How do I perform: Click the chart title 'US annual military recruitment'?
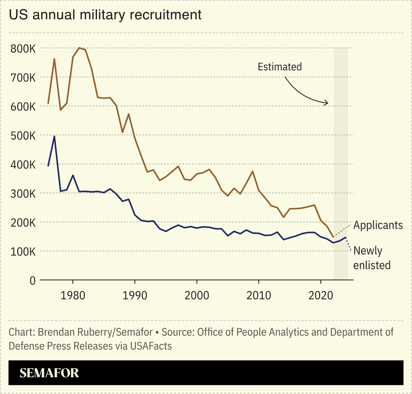pyautogui.click(x=105, y=15)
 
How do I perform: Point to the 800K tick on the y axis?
pyautogui.click(x=23, y=48)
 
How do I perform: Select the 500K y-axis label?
pyautogui.click(x=23, y=136)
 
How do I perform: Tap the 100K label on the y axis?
pyautogui.click(x=23, y=252)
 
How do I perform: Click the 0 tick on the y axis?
pyautogui.click(x=33, y=281)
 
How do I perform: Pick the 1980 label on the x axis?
pyautogui.click(x=73, y=295)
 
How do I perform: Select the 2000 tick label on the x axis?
pyautogui.click(x=197, y=295)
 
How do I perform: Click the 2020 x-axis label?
pyautogui.click(x=321, y=295)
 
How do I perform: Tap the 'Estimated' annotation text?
pyautogui.click(x=280, y=67)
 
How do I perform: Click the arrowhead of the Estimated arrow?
pyautogui.click(x=327, y=103)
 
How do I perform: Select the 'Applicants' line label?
pyautogui.click(x=378, y=225)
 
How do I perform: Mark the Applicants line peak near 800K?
pyautogui.click(x=79, y=48)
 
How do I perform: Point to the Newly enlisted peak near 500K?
pyautogui.click(x=54, y=136)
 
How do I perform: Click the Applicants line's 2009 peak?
pyautogui.click(x=253, y=171)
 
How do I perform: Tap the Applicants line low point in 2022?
pyautogui.click(x=333, y=237)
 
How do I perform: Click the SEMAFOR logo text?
pyautogui.click(x=49, y=373)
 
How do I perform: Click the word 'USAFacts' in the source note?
pyautogui.click(x=151, y=346)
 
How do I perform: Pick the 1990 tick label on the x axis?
pyautogui.click(x=135, y=295)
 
